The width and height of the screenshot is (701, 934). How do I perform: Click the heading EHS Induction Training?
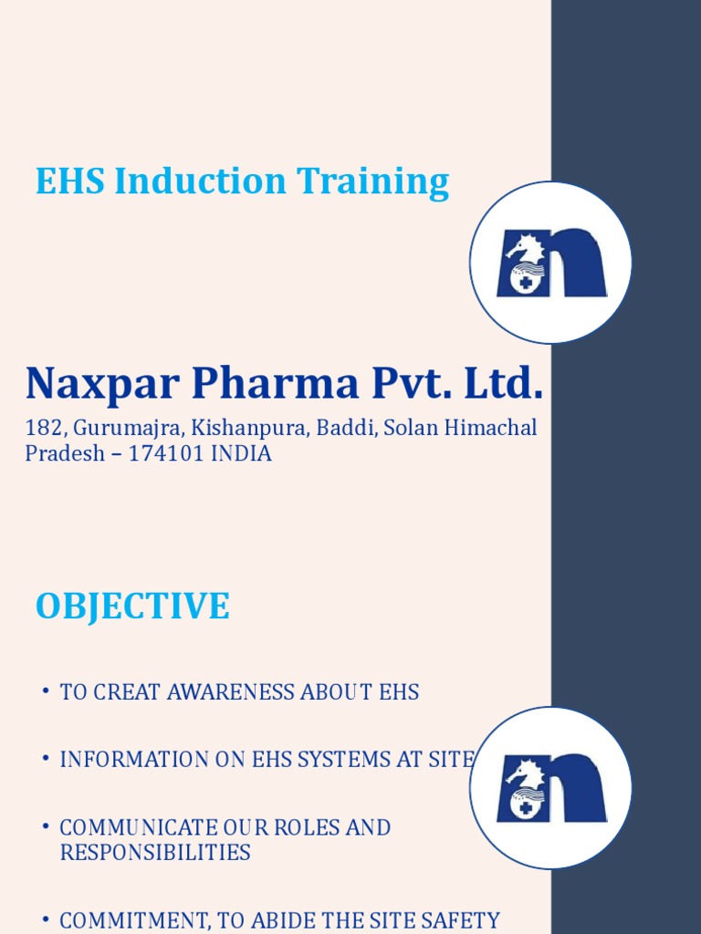pos(242,182)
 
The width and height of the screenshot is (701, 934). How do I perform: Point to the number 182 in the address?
pos(42,428)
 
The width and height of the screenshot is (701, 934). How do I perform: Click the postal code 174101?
pos(167,453)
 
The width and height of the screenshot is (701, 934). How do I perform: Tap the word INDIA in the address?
pos(241,453)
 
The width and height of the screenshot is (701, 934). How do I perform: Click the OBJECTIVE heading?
pos(132,607)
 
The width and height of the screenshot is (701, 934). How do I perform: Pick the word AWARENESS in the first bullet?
pos(232,692)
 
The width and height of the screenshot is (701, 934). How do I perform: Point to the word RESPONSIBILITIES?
pos(155,853)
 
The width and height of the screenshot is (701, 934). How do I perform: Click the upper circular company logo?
pos(550,263)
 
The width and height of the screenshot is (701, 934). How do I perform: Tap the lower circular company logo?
pos(550,787)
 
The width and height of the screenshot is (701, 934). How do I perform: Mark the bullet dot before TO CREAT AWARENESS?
pos(44,692)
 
